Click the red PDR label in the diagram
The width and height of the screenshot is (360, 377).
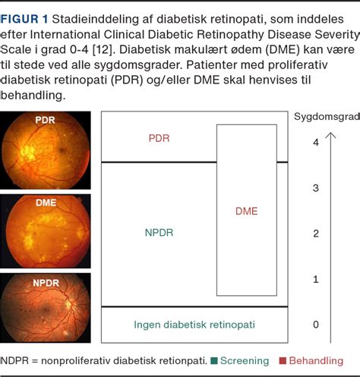click(159, 139)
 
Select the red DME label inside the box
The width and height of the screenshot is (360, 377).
click(246, 212)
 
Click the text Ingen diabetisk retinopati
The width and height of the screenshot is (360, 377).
click(194, 324)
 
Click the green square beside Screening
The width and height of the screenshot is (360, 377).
click(216, 361)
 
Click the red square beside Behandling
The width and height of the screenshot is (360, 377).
click(282, 361)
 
